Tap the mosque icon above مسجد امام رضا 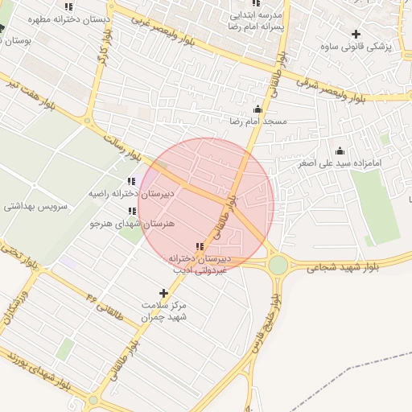pyautogui.click(x=257, y=109)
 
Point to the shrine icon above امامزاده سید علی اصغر pyautogui.click(x=340, y=150)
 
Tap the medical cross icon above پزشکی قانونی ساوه pyautogui.click(x=356, y=33)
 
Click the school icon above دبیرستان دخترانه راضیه pyautogui.click(x=132, y=182)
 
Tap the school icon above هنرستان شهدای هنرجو pyautogui.click(x=132, y=211)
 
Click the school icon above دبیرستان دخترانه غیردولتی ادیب pyautogui.click(x=199, y=246)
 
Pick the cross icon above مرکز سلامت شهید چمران pyautogui.click(x=164, y=294)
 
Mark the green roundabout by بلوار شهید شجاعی pyautogui.click(x=278, y=265)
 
